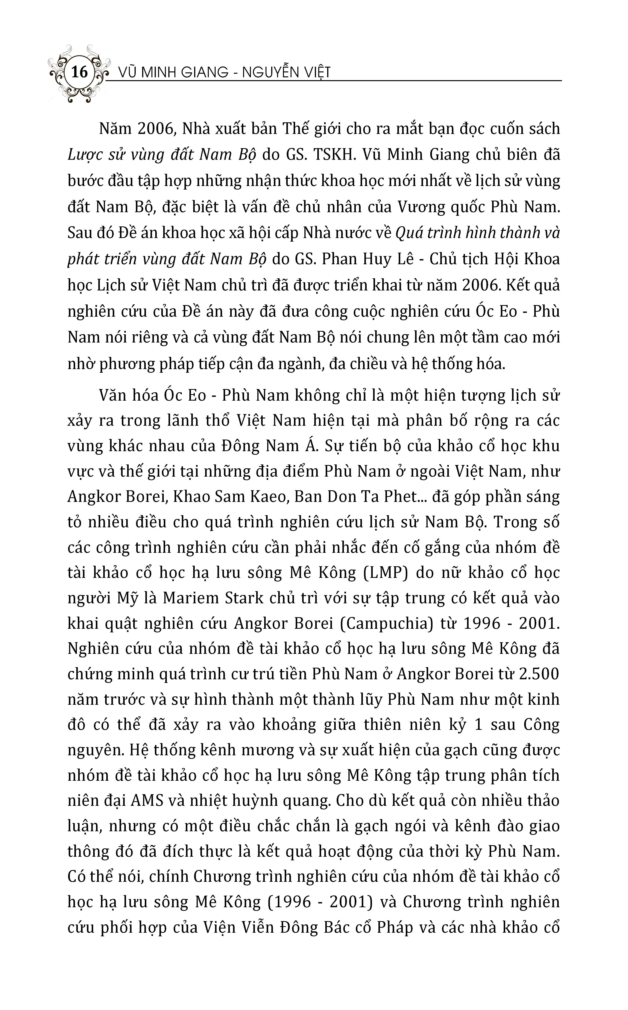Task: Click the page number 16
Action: [x=79, y=72]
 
